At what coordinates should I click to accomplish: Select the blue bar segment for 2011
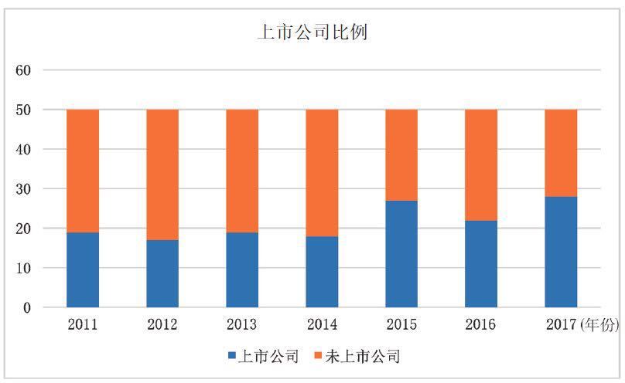point(83,269)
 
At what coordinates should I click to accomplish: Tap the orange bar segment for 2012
point(162,175)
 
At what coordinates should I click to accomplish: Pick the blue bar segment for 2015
point(401,254)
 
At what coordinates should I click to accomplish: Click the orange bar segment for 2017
point(561,153)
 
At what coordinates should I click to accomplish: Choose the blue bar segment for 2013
point(242,269)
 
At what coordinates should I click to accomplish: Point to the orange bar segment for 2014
point(322,173)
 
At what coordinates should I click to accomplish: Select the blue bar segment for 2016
point(481,264)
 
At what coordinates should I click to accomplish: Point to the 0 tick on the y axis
point(26,308)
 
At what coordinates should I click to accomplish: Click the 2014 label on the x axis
point(321,325)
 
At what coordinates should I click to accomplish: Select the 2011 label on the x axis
point(83,325)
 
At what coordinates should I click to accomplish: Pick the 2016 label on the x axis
point(480,325)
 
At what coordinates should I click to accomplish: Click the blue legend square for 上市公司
point(232,357)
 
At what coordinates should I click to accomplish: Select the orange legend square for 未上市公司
point(317,357)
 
